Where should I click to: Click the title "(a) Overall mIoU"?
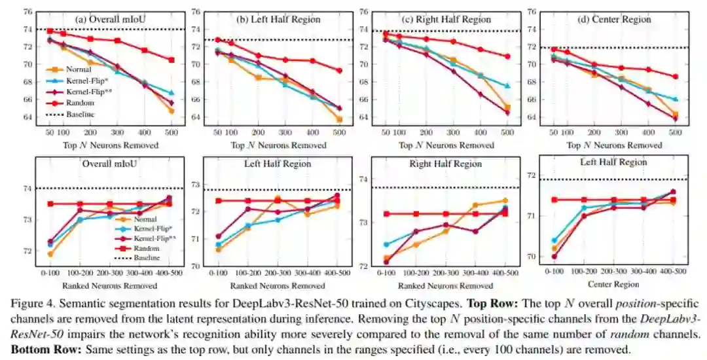point(110,19)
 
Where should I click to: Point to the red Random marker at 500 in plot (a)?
point(172,60)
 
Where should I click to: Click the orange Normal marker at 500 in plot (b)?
point(339,119)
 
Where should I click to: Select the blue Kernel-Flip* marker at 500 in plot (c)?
point(507,86)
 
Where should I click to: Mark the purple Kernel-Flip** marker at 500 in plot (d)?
point(675,118)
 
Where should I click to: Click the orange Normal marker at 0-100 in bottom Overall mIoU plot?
point(50,254)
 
